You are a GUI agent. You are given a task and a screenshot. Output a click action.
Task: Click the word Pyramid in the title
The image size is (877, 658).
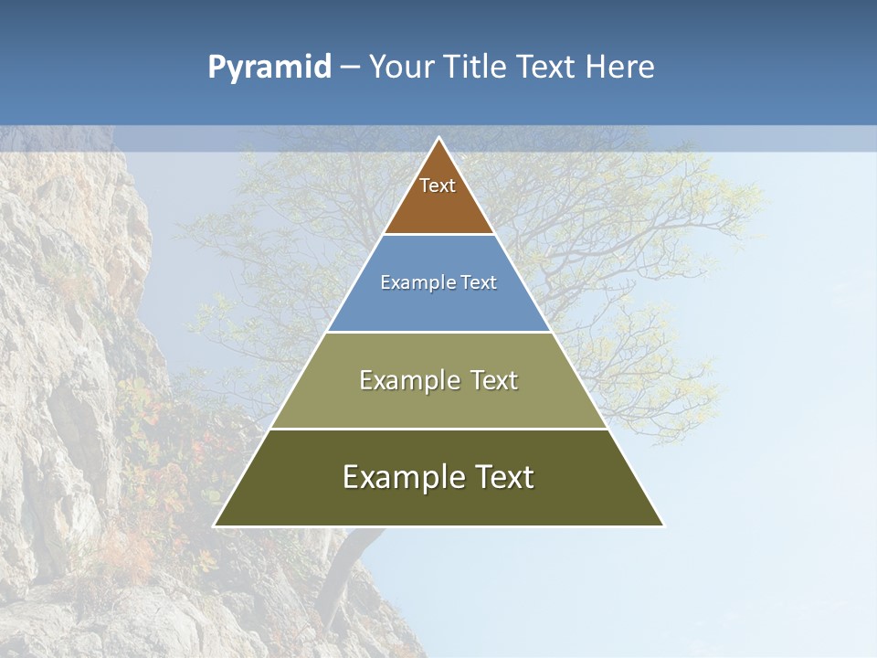[269, 68]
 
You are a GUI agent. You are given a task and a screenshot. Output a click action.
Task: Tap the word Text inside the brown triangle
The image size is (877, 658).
[438, 186]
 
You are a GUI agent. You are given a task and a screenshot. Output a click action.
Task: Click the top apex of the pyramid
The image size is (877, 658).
[439, 139]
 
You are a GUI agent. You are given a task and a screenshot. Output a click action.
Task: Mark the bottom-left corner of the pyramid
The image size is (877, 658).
[216, 525]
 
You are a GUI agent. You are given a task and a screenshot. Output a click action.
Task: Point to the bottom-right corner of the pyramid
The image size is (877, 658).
[663, 525]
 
